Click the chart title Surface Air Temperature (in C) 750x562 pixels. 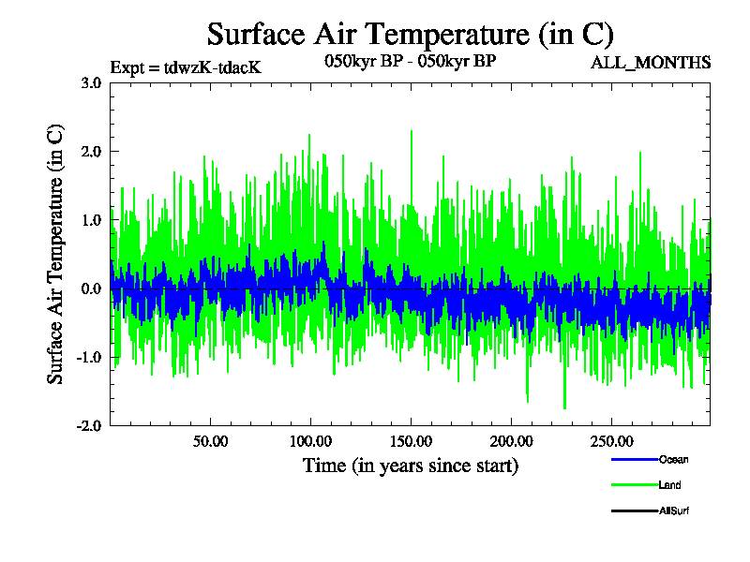click(x=411, y=35)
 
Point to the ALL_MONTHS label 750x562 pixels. click(x=650, y=63)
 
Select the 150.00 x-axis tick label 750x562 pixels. click(x=410, y=441)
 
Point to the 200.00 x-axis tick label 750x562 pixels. click(x=509, y=441)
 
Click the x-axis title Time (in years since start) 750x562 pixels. click(x=411, y=466)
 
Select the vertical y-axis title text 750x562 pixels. click(x=55, y=253)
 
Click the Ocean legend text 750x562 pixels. click(x=672, y=460)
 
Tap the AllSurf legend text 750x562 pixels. click(x=675, y=510)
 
